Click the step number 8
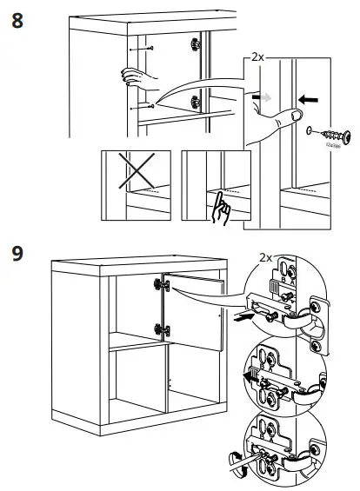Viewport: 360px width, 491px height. click(x=17, y=19)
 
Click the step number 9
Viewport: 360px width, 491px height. click(x=17, y=255)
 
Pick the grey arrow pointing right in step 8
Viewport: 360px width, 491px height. click(x=261, y=97)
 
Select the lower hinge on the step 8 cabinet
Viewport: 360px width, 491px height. click(x=196, y=96)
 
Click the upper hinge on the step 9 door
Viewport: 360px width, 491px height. click(x=160, y=285)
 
